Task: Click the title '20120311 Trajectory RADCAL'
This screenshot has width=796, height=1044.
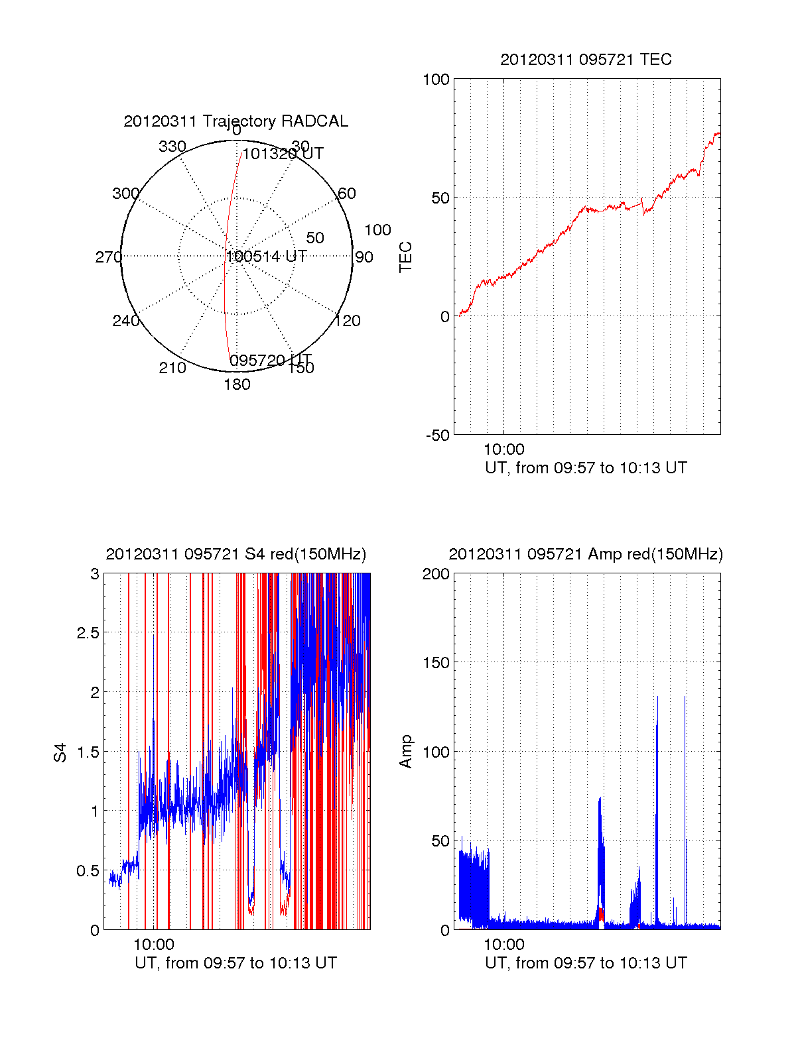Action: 235,121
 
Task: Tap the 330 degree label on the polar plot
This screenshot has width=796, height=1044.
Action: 172,146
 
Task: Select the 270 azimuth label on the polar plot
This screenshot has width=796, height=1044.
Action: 108,257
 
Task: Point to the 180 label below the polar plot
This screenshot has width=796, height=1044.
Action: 237,384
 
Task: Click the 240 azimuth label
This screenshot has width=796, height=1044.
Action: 125,321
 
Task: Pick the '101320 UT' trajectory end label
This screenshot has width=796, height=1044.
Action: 283,154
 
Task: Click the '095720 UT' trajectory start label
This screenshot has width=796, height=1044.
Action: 270,361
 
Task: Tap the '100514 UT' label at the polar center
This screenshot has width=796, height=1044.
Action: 266,257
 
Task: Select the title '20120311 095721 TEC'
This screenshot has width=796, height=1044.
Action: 586,60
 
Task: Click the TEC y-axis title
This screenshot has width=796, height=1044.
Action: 405,257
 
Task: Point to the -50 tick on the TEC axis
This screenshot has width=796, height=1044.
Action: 437,435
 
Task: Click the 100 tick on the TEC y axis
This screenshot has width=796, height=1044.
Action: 436,80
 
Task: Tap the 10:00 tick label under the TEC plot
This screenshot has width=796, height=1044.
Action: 503,450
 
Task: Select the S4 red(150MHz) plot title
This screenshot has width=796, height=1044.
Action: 235,554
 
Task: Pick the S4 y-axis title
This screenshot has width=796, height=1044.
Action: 60,752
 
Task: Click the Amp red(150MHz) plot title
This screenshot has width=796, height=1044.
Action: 586,554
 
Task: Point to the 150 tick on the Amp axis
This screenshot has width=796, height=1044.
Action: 436,663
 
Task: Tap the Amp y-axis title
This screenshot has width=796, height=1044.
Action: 405,752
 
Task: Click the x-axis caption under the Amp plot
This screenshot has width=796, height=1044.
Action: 586,963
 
